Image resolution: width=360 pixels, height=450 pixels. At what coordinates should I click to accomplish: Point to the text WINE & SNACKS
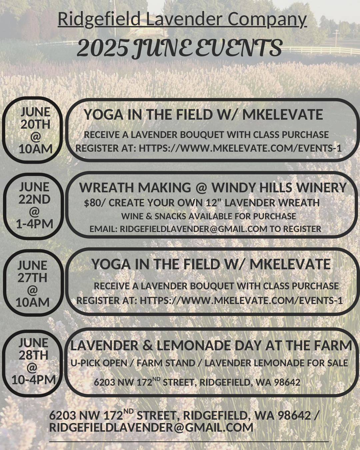[154, 216]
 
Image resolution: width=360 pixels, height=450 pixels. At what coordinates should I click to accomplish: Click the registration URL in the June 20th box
[240, 148]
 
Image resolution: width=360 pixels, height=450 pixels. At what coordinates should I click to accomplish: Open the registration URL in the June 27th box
[241, 300]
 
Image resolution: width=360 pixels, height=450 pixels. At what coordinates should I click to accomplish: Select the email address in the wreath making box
[193, 229]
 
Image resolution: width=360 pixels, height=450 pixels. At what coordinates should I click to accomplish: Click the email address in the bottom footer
[151, 427]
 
